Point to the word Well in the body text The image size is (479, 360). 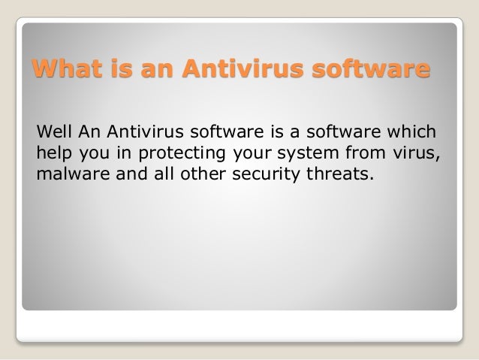coord(52,135)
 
